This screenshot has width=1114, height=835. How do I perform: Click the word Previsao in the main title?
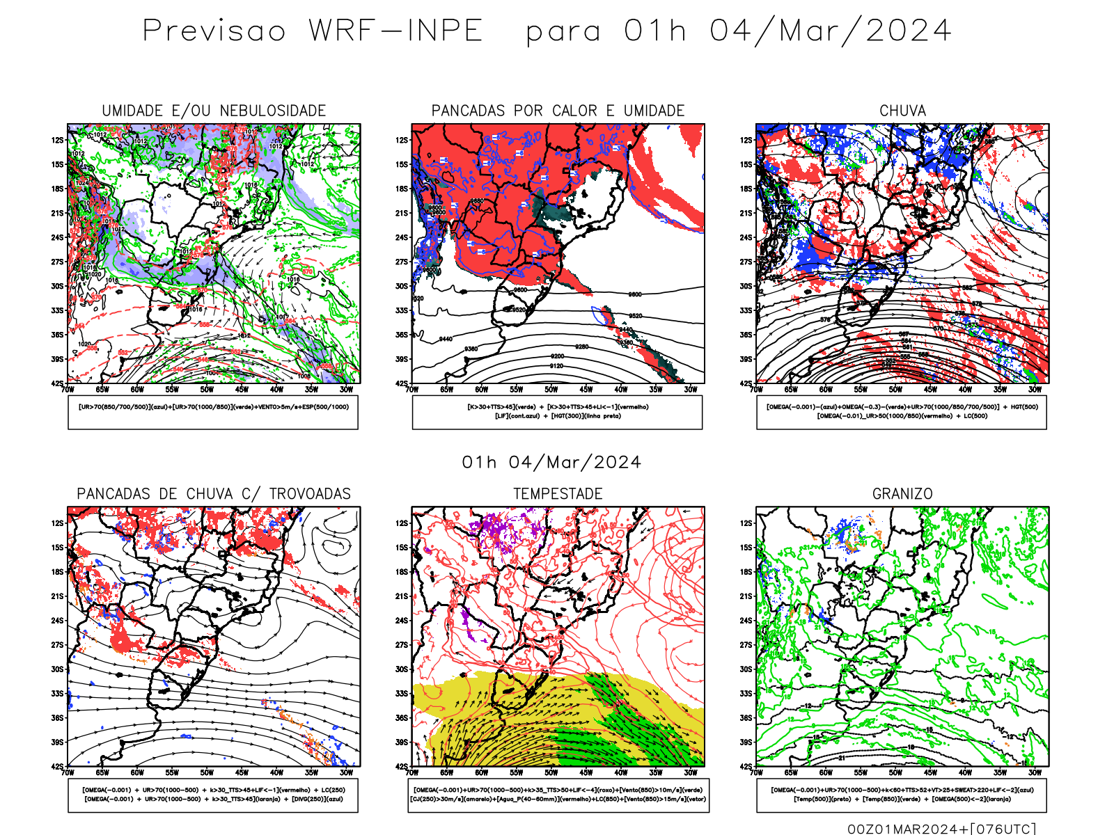point(214,31)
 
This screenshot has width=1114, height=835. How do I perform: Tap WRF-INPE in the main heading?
point(395,31)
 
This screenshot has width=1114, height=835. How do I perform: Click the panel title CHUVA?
point(902,111)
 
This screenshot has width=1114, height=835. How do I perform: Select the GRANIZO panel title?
point(902,494)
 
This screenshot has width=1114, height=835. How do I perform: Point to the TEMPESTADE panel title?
point(558,494)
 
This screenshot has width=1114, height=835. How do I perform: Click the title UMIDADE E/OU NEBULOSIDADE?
point(214,111)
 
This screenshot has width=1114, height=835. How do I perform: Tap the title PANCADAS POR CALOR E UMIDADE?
point(558,111)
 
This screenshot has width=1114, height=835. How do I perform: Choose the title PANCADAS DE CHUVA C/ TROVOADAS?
point(214,494)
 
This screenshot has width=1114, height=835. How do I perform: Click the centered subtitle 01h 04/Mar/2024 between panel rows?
point(551,463)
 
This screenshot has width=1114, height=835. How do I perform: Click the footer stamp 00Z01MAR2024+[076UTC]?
point(941,828)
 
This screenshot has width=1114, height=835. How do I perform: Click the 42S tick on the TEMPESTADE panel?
point(402,766)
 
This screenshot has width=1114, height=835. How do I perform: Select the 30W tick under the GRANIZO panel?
point(1035,772)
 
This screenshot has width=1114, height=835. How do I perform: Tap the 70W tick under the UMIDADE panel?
point(68,390)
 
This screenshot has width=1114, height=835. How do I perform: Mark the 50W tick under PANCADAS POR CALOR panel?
point(551,390)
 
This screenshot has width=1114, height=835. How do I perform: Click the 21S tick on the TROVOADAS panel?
point(57,596)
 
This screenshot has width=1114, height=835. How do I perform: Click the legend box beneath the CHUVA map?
point(902,412)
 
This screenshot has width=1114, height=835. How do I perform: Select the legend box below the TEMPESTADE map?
point(558,795)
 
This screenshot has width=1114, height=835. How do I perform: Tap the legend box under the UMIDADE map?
point(213,412)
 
